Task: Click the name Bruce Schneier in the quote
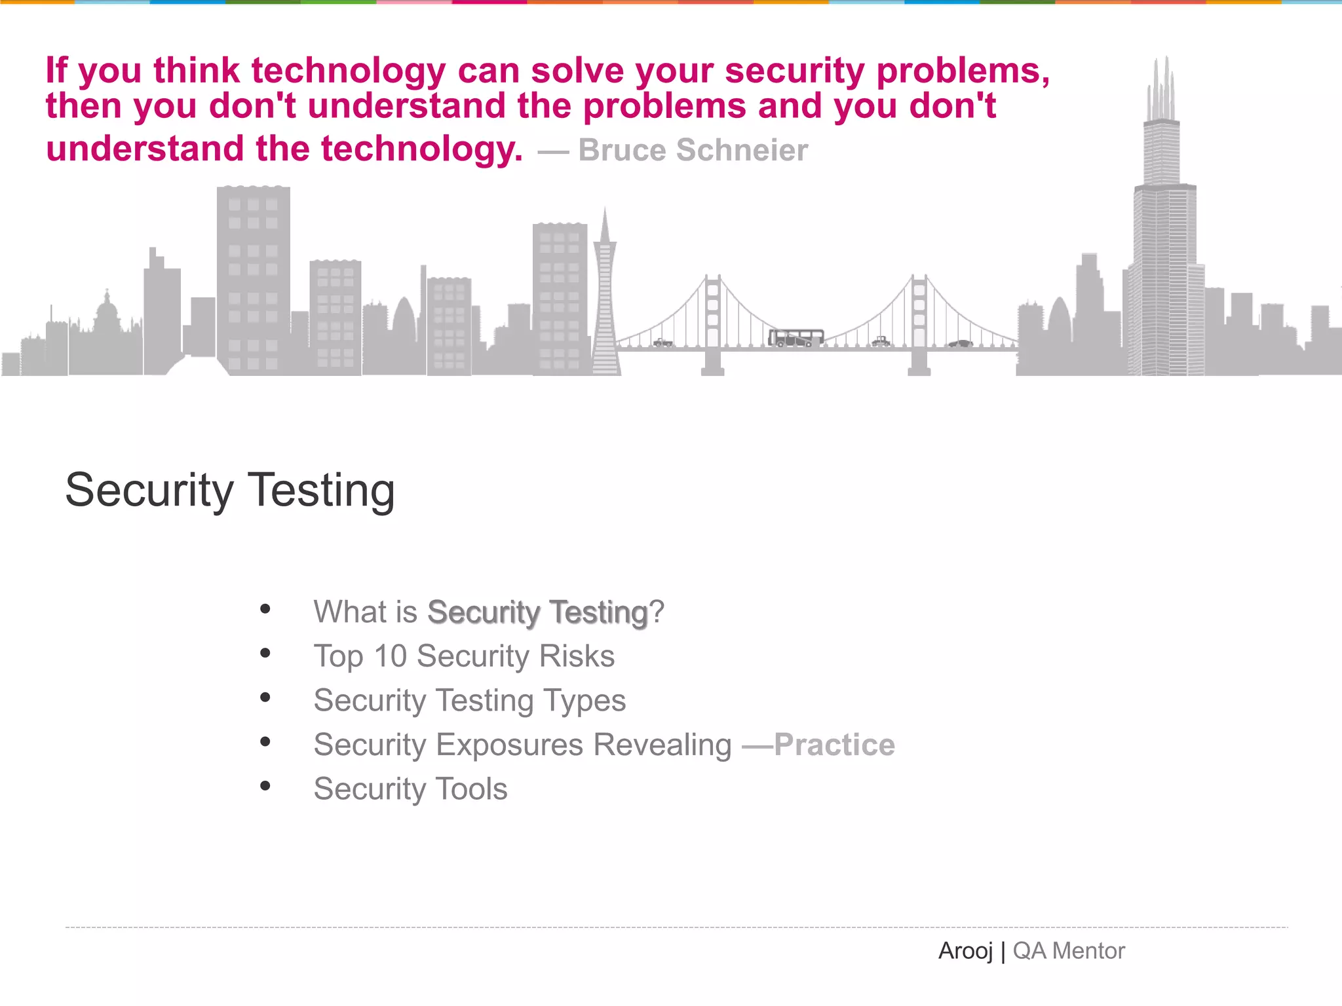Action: coord(693,150)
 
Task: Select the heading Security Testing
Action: coord(230,490)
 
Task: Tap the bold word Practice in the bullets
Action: coord(834,745)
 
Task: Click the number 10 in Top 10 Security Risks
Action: coord(391,656)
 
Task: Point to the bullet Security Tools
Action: coord(410,789)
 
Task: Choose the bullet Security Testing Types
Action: coord(469,701)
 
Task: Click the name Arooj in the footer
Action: coord(965,951)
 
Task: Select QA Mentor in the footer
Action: coord(1069,951)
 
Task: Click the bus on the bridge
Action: coord(796,338)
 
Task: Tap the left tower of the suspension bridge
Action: coord(713,321)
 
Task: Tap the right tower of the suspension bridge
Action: coord(919,321)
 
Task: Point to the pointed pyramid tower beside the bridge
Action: coord(605,295)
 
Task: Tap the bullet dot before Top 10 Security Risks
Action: coord(265,653)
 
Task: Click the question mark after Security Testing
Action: coord(657,612)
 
